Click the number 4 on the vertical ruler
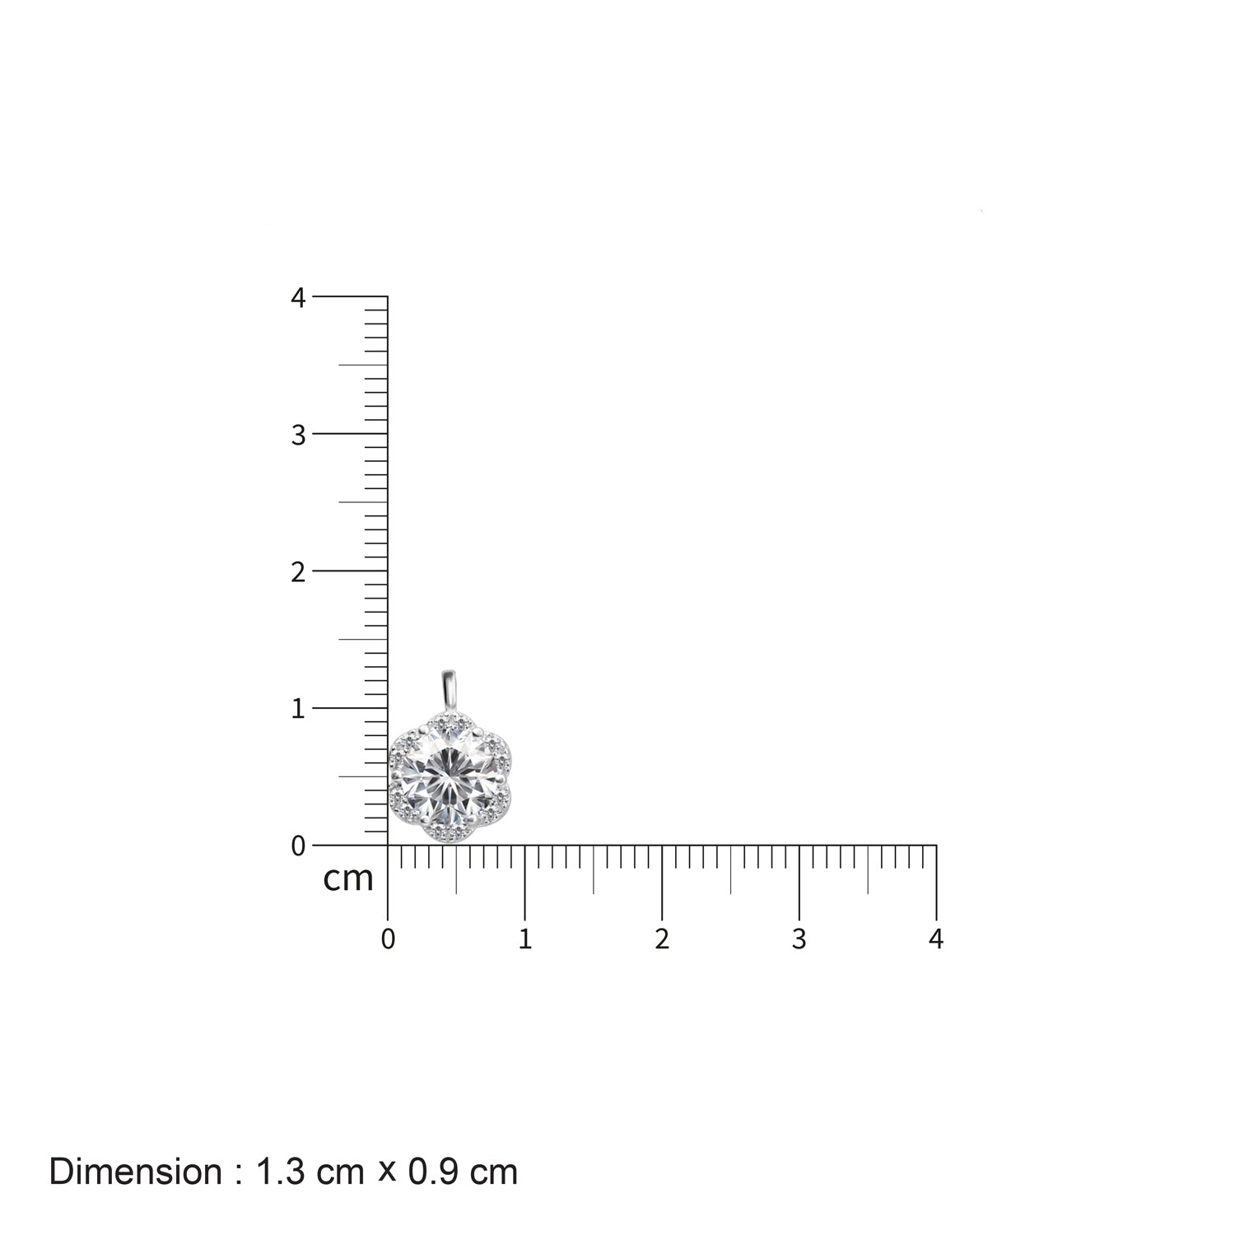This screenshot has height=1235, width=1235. pos(298,298)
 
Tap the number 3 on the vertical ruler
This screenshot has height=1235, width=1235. pos(298,435)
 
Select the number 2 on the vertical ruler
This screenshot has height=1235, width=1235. pos(298,572)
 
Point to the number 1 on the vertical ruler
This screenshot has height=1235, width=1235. pos(298,709)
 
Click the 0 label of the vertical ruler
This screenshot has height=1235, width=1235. pos(298,846)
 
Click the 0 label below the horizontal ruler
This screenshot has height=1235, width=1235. pos(388,939)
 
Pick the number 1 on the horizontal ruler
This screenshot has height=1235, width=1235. pos(525,939)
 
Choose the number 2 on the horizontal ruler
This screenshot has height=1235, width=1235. pos(662,939)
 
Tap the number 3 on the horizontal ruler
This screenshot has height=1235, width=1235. pos(799,939)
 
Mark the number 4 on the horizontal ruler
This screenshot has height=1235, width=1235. pos(935,939)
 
